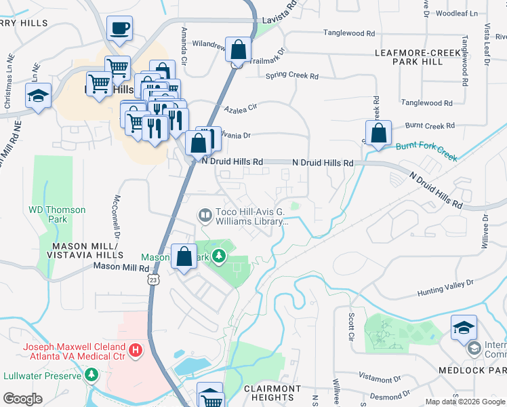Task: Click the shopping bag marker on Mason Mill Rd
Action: click(x=184, y=256)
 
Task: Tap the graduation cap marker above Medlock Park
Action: click(x=464, y=328)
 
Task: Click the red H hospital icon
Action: click(x=136, y=350)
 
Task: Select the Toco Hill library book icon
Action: click(x=205, y=215)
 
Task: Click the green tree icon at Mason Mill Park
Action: click(x=218, y=256)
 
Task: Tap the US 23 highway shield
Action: click(x=154, y=279)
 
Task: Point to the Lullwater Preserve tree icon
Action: click(x=92, y=374)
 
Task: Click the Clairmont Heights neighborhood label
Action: click(x=271, y=393)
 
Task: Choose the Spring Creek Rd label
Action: click(x=292, y=76)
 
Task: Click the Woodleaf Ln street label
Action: click(x=456, y=13)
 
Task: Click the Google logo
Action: click(x=22, y=399)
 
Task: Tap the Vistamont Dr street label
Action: click(x=380, y=378)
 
